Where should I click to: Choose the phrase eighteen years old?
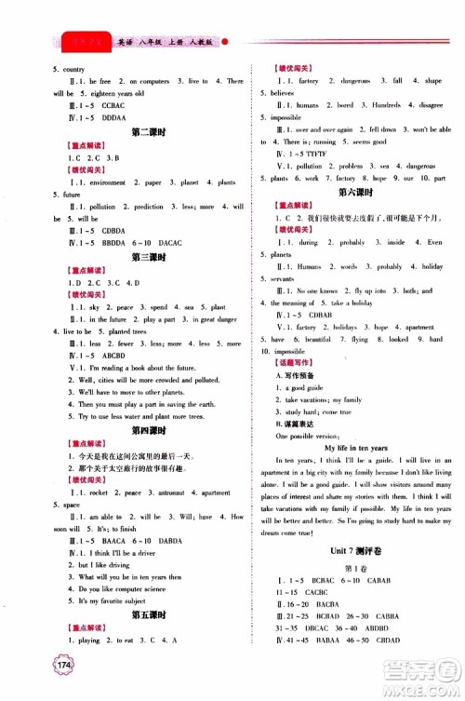[116, 94]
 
